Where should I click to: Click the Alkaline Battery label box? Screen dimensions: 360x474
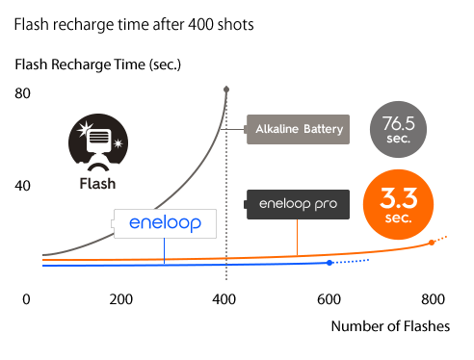pos(296,129)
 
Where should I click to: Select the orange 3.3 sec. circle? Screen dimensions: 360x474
pos(398,205)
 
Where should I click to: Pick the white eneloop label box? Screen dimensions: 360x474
pos(164,223)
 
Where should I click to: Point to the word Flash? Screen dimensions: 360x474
pos(97,183)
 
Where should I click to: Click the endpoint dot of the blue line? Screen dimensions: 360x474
pos(329,263)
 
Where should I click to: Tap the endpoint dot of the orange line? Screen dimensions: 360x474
pos(432,243)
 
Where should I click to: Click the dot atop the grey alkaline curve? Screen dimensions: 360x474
pos(226,90)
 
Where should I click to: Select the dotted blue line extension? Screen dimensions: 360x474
pos(352,261)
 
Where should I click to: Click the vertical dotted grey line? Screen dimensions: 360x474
pos(226,193)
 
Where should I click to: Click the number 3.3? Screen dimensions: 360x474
pos(397,199)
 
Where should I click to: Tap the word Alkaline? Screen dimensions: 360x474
pos(276,129)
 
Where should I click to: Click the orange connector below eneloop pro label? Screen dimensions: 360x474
pos(298,237)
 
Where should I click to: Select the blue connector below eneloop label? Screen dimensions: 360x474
pos(164,251)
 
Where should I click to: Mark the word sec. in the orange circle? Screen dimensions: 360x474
pos(398,219)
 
